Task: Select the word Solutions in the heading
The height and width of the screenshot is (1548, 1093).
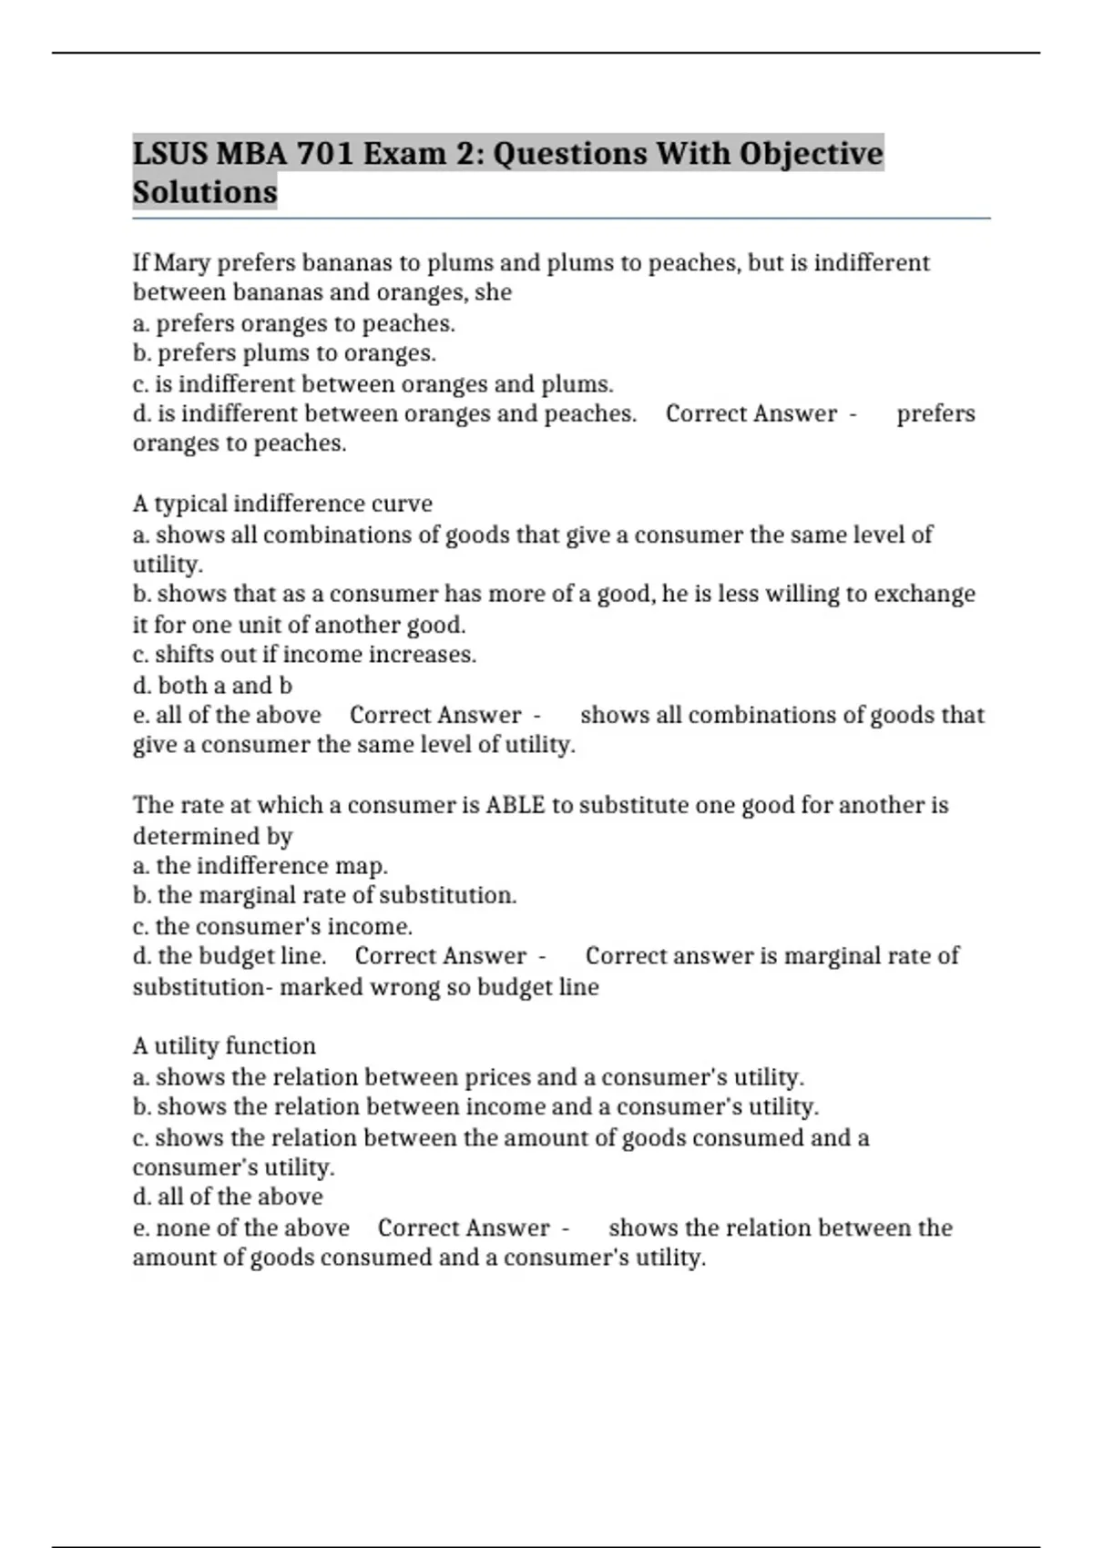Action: click(x=205, y=192)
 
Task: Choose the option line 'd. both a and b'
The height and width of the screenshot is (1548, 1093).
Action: click(x=212, y=685)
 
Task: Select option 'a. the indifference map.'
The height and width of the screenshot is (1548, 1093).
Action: click(x=260, y=865)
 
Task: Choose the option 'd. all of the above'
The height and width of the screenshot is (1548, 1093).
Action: click(x=228, y=1197)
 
